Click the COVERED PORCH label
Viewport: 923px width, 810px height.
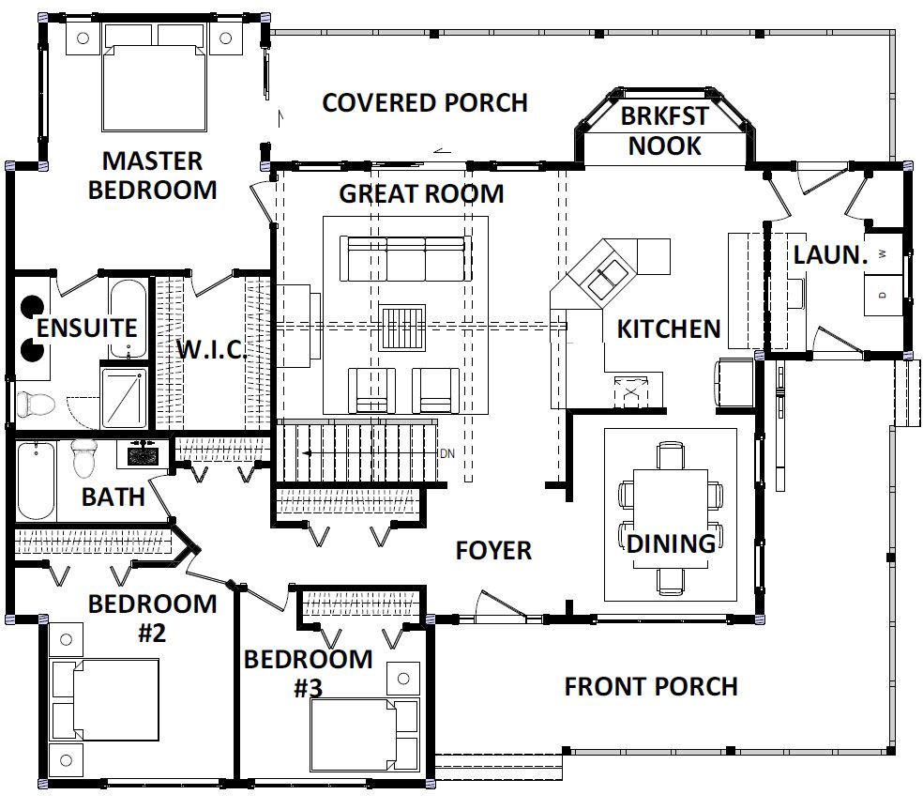pos(424,103)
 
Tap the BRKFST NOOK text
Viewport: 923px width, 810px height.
pos(665,130)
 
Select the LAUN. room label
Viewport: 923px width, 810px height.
pos(830,255)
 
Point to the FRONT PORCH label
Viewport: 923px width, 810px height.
pos(651,687)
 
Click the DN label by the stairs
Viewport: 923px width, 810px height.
pos(447,453)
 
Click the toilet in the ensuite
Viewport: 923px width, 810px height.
pos(36,404)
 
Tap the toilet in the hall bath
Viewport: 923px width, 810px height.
pos(84,458)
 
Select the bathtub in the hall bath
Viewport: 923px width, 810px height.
pos(36,481)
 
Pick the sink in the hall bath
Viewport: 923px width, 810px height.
pos(142,455)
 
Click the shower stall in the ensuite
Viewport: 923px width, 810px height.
pos(124,398)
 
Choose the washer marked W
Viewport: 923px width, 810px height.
pos(884,254)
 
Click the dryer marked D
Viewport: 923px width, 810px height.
pos(884,295)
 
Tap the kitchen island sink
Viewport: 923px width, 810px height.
pos(608,279)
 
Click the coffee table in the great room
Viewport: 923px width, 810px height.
pos(402,328)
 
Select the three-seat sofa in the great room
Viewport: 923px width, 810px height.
pos(406,259)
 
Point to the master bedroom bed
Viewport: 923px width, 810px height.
pos(154,77)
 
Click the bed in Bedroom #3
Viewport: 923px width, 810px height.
pos(365,735)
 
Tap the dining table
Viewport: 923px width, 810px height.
pos(671,519)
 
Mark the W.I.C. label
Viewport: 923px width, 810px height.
pos(212,349)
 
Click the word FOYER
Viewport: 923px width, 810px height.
pos(493,551)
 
